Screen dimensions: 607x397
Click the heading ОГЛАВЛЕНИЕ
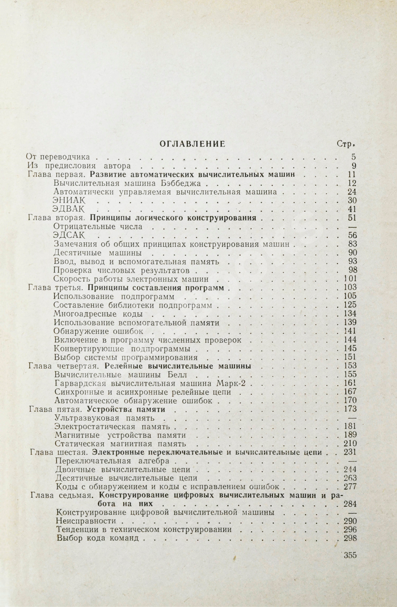point(192,144)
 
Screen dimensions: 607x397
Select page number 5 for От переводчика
point(354,157)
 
